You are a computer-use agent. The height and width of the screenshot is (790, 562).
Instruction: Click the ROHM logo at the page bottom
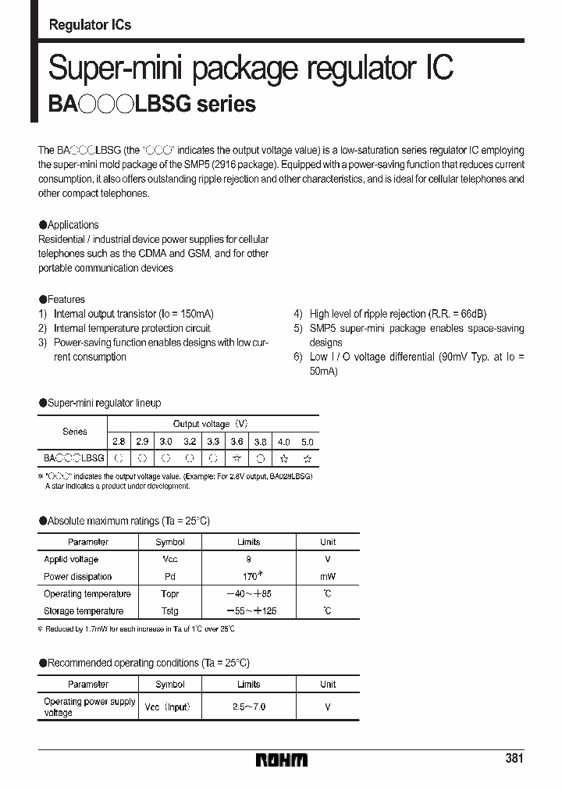282,760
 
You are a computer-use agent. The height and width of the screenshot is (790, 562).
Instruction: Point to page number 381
514,758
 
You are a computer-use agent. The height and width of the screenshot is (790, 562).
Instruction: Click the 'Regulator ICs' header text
90,25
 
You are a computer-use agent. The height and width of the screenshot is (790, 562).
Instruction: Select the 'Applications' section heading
73,225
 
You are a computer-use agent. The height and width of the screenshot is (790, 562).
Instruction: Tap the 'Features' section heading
66,299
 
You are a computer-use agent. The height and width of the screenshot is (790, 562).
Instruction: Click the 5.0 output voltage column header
308,441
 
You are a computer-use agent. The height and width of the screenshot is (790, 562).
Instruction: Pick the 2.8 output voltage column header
119,441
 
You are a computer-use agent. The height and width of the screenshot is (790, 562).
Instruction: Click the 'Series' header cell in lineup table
75,431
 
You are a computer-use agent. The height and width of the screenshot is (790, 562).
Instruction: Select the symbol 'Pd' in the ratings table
170,577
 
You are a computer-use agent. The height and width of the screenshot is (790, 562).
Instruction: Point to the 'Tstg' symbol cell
170,611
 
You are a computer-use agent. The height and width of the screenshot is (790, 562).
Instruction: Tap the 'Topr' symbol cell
170,594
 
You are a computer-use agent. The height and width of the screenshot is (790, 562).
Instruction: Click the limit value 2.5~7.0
248,706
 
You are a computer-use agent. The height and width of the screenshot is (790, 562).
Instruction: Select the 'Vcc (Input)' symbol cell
168,706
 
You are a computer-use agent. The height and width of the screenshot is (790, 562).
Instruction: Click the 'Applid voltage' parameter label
71,560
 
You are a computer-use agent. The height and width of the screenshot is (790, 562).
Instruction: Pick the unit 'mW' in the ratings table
328,577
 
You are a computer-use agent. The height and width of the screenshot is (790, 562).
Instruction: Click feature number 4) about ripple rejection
298,314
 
